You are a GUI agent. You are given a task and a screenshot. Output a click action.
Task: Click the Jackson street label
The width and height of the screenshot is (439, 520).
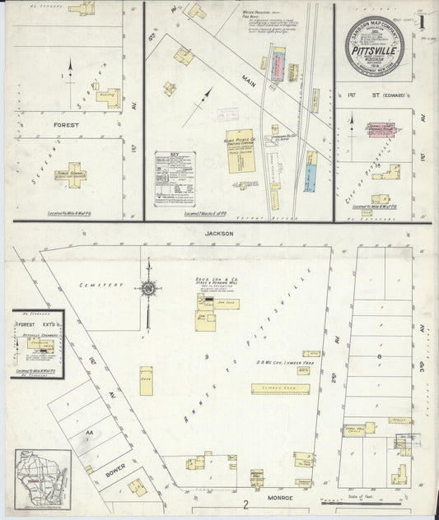point(220,234)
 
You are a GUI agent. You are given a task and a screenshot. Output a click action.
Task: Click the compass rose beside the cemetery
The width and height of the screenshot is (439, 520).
point(149,288)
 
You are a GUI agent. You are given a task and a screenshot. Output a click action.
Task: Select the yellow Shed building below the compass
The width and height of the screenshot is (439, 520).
point(146,380)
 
